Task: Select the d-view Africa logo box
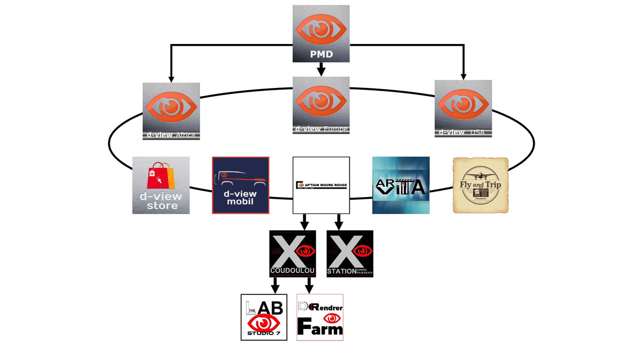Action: click(171, 111)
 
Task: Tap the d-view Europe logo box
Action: click(321, 105)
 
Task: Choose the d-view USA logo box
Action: click(463, 109)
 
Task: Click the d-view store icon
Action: click(161, 185)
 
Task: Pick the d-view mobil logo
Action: click(241, 185)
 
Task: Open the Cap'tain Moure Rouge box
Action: click(321, 186)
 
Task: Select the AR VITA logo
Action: click(400, 185)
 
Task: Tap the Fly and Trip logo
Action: click(480, 186)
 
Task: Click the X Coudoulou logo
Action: click(293, 254)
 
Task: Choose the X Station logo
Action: click(349, 254)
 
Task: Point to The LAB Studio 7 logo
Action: click(264, 317)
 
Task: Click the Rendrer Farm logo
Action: click(320, 317)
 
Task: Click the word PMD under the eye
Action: click(321, 54)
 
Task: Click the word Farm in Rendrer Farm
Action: click(320, 328)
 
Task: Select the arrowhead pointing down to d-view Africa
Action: click(171, 79)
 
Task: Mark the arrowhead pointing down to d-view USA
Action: click(463, 77)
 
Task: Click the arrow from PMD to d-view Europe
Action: click(321, 70)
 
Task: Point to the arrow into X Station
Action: click(338, 222)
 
